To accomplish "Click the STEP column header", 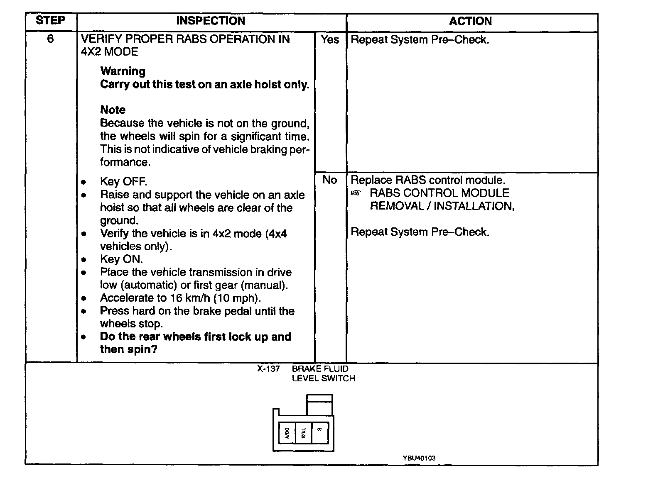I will pyautogui.click(x=51, y=21).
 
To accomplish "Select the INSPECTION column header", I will pyautogui.click(x=211, y=21).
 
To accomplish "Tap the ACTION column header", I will pyautogui.click(x=470, y=22).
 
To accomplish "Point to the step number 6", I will pyautogui.click(x=50, y=39).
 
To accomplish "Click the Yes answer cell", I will pyautogui.click(x=330, y=40).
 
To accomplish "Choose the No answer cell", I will pyautogui.click(x=330, y=180).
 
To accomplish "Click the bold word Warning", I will pyautogui.click(x=123, y=71).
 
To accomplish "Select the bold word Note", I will pyautogui.click(x=113, y=110).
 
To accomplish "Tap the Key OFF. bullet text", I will pyautogui.click(x=123, y=182).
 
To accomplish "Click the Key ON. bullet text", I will pyautogui.click(x=121, y=259).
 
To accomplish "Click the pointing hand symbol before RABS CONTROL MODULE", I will pyautogui.click(x=356, y=193).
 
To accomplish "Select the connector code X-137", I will pyautogui.click(x=268, y=369).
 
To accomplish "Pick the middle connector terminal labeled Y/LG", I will pyautogui.click(x=303, y=432).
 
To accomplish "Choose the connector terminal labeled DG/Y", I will pyautogui.click(x=287, y=433).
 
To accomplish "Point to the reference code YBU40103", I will pyautogui.click(x=419, y=458).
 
